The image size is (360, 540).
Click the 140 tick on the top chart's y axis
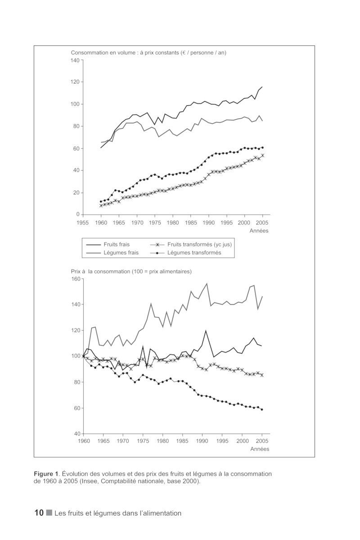pyautogui.click(x=75, y=60)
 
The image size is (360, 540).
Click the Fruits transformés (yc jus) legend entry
pyautogui.click(x=199, y=244)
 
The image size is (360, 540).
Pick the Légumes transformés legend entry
pyautogui.click(x=194, y=252)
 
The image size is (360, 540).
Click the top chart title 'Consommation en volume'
pyautogui.click(x=148, y=53)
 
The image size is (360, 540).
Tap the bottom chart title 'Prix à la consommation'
pyautogui.click(x=131, y=271)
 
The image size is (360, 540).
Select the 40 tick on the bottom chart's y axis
pyautogui.click(x=76, y=434)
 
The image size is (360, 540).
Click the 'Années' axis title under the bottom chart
pyautogui.click(x=260, y=449)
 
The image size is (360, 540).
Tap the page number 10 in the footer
pyautogui.click(x=39, y=513)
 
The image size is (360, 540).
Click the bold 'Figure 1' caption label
pyautogui.click(x=46, y=474)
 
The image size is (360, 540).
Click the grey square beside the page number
pyautogui.click(x=49, y=513)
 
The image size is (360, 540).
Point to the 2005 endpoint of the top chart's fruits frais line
pyautogui.click(x=262, y=87)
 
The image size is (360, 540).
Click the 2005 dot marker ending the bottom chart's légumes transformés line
pyautogui.click(x=262, y=409)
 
